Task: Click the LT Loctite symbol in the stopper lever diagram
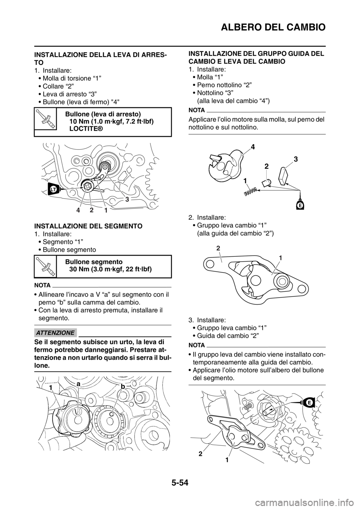53,189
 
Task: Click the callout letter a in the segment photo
78,384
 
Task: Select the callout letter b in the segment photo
123,386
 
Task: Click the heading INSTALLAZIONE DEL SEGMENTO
88,226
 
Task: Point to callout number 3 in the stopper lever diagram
127,199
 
